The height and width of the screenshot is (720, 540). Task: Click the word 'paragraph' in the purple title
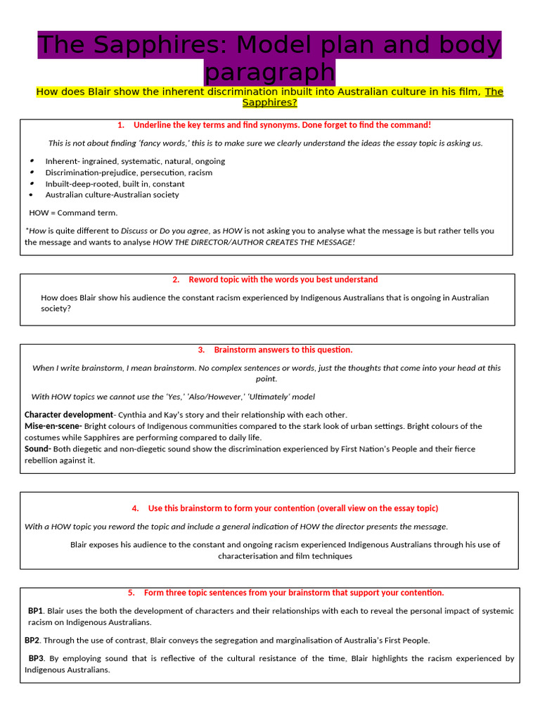[x=269, y=72]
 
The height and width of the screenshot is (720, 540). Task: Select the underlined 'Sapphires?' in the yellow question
[x=269, y=103]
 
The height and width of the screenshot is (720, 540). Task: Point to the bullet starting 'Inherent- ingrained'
[x=135, y=161]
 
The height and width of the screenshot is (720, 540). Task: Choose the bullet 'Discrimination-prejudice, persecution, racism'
[x=129, y=172]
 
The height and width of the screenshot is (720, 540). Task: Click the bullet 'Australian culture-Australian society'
[x=112, y=195]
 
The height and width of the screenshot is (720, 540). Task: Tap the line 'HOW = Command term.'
[x=73, y=212]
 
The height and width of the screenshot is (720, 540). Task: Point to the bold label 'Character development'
[x=68, y=415]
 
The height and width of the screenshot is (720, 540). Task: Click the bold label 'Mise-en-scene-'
[x=53, y=426]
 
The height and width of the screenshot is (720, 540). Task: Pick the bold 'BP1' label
[x=36, y=611]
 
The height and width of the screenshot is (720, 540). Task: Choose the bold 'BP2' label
[x=33, y=641]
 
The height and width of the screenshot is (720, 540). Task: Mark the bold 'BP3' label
[x=36, y=659]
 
